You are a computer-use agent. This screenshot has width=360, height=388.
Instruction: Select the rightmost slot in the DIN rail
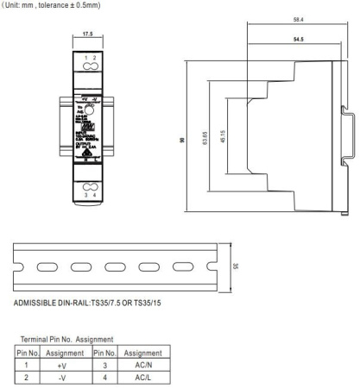[183, 266]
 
